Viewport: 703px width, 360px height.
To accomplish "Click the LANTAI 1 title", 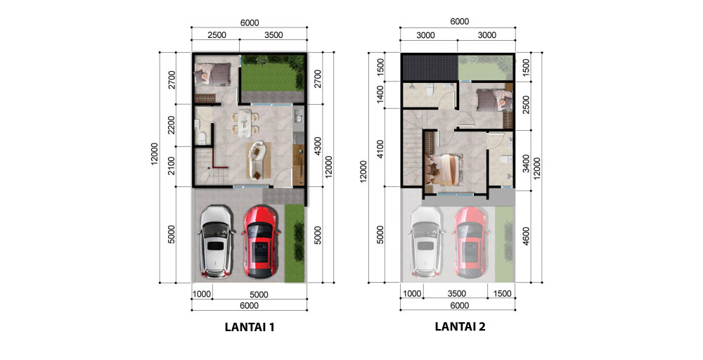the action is coord(249,327).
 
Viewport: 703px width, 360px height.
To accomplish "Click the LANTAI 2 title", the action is coord(460,326).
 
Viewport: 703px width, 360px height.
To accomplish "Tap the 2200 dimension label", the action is coord(172,126).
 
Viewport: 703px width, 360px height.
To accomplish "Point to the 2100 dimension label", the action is coord(172,167).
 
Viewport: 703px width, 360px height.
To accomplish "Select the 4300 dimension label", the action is coord(318,146).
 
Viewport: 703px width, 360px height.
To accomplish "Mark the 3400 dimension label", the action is coord(526,163).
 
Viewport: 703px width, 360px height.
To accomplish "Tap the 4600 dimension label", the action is coord(526,236).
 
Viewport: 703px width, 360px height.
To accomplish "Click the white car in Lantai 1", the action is coord(217,241).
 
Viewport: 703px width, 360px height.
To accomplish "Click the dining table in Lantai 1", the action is coord(245,123).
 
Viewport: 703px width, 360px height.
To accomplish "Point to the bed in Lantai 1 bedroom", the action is coord(212,74).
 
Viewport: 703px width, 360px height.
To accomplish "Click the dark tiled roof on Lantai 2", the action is coord(430,67).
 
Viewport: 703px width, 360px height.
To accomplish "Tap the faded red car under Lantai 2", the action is coord(470,242).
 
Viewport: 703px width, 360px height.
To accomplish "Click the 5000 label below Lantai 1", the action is coord(259,295).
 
